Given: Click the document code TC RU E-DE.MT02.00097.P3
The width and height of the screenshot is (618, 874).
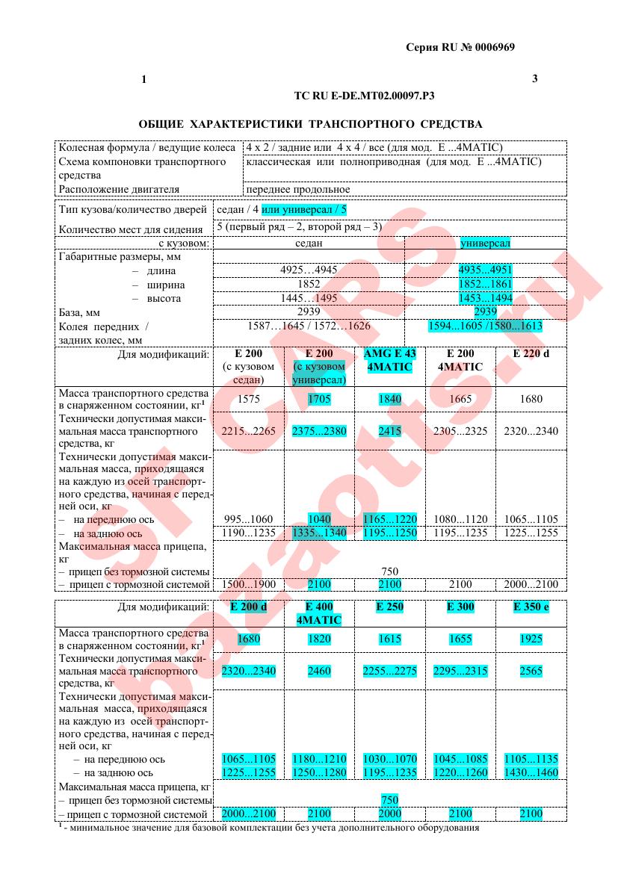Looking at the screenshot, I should click(x=365, y=96).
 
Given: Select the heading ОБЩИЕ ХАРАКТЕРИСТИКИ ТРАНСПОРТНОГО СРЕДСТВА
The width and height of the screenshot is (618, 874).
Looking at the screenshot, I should click(x=311, y=123).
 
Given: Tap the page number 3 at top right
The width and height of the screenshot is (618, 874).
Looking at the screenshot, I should click(x=534, y=78).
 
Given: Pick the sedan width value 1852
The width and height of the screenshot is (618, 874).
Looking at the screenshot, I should click(x=309, y=285).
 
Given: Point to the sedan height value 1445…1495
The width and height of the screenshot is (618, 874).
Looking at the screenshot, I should click(x=308, y=298).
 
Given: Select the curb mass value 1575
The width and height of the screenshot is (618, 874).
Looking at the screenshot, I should click(x=248, y=399).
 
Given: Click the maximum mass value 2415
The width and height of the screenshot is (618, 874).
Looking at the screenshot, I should click(x=390, y=430).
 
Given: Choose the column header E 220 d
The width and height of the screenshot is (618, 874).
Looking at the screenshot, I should click(x=531, y=353).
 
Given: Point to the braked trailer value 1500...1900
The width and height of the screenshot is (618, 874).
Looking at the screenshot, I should click(x=248, y=583).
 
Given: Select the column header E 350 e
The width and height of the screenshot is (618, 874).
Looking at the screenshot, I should click(x=531, y=607).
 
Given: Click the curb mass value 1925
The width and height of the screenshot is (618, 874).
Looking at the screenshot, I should click(x=531, y=639).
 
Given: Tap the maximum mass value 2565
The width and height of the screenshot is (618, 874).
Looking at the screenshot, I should click(x=531, y=671).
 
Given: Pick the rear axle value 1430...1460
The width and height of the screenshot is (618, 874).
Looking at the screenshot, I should click(x=531, y=772).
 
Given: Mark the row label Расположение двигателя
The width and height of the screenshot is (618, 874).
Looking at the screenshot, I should click(x=120, y=189).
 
